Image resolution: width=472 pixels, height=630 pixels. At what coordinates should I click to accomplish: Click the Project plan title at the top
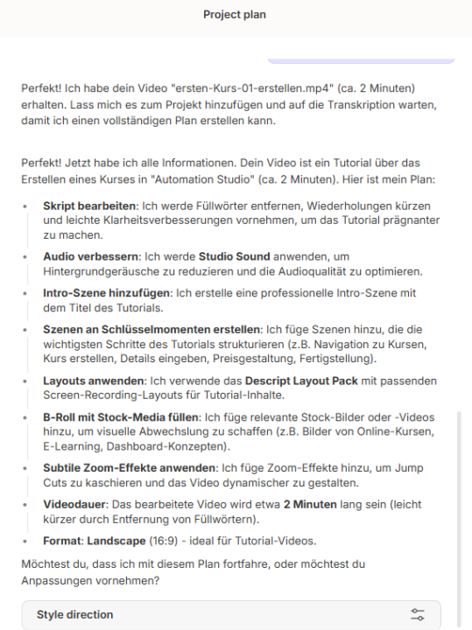[235, 15]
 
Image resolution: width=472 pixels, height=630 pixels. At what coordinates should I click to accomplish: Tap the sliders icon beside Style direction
[417, 614]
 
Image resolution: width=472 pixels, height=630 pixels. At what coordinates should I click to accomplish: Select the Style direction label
[74, 614]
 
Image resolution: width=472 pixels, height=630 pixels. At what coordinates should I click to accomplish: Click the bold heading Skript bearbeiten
[90, 204]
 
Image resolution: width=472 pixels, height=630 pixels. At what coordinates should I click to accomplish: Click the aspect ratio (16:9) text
[172, 540]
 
